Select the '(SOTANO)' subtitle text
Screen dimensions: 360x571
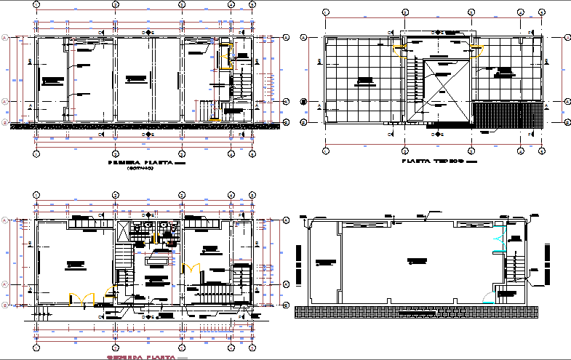(141, 169)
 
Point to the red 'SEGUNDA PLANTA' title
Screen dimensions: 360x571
(143, 357)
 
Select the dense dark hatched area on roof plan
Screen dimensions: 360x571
(507, 115)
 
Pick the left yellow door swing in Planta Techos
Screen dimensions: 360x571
(399, 48)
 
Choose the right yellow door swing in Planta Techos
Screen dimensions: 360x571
(478, 48)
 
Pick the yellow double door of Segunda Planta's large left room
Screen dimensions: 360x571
(81, 297)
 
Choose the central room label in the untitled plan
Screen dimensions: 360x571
(418, 260)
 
